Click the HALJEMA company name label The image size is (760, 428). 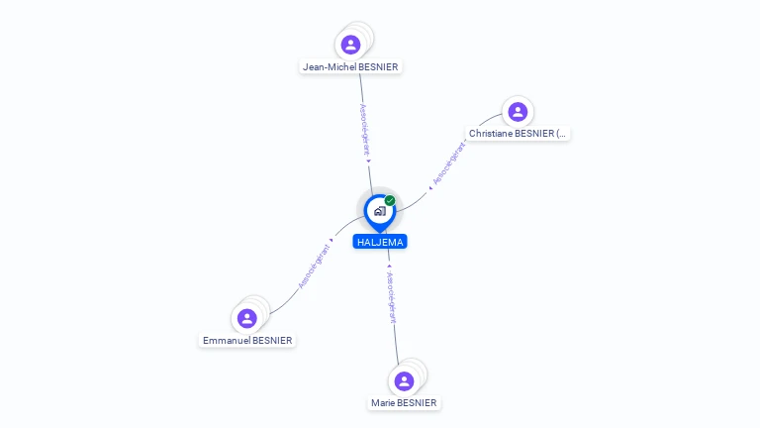point(380,242)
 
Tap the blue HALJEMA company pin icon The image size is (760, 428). point(379,211)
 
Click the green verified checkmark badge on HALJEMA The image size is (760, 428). point(390,201)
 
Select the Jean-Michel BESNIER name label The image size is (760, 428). point(351,67)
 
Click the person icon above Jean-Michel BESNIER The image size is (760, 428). point(350,45)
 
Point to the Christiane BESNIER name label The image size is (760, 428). point(519,133)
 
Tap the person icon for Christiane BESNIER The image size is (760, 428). point(517,111)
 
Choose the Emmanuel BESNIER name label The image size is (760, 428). point(247,340)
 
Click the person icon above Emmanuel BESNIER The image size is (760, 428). point(247,318)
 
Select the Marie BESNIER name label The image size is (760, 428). point(404,403)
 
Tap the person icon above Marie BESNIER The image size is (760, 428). point(404,381)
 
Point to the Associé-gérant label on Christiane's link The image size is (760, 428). point(450,163)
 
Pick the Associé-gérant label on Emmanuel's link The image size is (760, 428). point(315,265)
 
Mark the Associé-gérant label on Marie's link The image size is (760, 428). point(392,297)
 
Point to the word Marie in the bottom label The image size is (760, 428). point(383,403)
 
